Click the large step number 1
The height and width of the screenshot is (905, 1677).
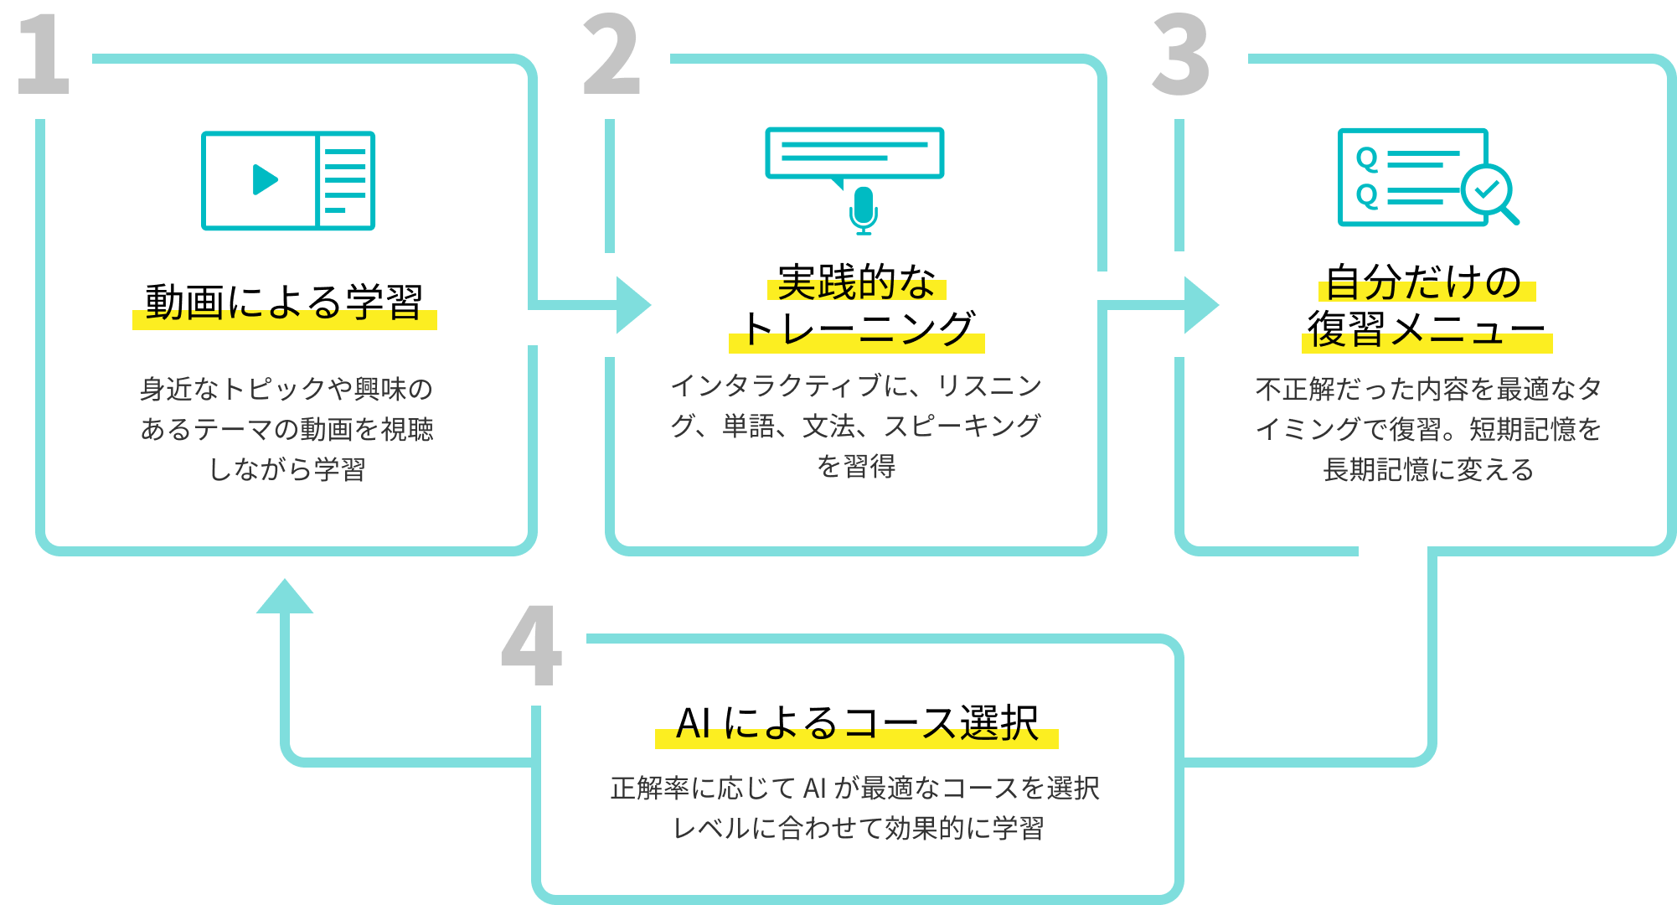coord(44,55)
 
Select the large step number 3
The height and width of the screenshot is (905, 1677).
coord(1182,55)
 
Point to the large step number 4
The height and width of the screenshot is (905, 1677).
coord(531,646)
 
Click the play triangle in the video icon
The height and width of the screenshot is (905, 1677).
coord(265,179)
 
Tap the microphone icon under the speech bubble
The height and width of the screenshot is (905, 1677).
coord(863,209)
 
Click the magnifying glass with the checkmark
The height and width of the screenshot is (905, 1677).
coord(1489,192)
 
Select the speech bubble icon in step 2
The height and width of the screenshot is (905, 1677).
coord(854,154)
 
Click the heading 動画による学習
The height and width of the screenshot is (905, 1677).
coord(284,303)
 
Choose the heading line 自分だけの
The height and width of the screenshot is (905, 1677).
coord(1423,282)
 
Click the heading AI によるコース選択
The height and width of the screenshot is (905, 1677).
coord(856,722)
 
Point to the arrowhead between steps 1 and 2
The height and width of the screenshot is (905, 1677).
coord(632,305)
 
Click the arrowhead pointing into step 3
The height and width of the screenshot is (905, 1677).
coord(1201,305)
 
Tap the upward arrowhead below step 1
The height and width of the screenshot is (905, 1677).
coord(285,596)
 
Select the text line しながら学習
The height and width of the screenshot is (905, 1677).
coord(286,469)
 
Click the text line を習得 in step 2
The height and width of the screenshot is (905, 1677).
coord(856,466)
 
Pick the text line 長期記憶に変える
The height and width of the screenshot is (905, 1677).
coord(1428,469)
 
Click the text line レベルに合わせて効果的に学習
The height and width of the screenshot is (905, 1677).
coord(859,828)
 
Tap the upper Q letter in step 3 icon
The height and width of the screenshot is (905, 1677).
coord(1367,158)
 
